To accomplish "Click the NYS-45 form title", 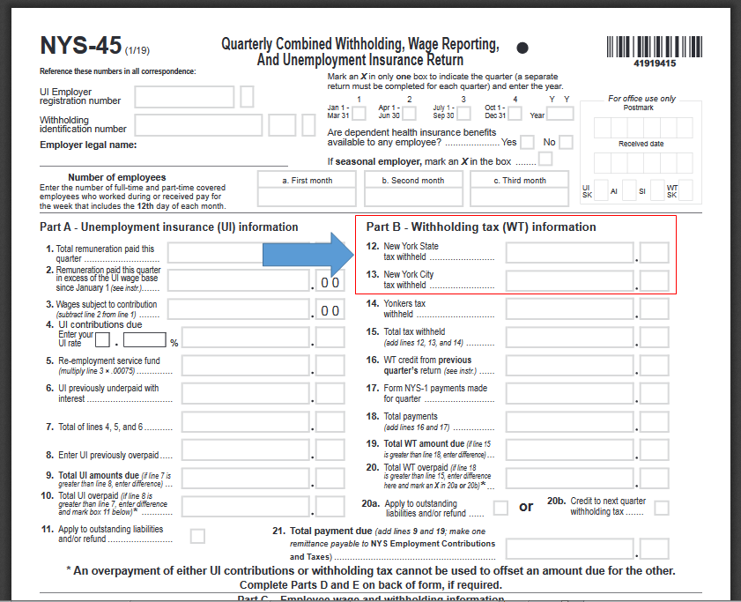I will [x=81, y=47].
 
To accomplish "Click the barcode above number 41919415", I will [x=654, y=47].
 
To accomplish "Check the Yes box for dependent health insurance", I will [x=527, y=142].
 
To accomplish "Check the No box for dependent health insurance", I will [x=566, y=142].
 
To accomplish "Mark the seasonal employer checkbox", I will [x=545, y=160].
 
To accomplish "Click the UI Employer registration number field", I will [x=184, y=96].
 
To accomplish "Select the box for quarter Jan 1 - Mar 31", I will [x=359, y=113].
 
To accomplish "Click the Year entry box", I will [x=560, y=113].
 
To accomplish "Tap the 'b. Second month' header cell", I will [x=412, y=180].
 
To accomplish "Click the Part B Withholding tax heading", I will [x=481, y=227].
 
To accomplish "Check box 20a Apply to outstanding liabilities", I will [x=500, y=508].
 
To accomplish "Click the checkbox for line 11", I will [x=197, y=535].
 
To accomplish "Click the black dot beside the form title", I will [x=522, y=48].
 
